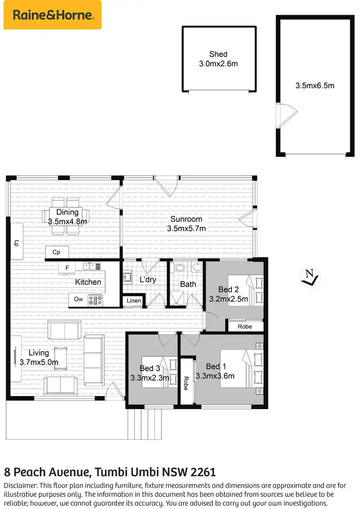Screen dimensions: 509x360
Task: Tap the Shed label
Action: pos(218,54)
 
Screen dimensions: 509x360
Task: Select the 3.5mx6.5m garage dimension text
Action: pos(314,86)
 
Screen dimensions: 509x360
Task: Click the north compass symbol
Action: pos(308,278)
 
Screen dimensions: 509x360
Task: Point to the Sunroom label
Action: pos(186,219)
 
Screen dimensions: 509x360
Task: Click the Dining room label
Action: pos(67,212)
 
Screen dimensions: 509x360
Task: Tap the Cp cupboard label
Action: pos(56,252)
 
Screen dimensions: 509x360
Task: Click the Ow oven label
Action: pos(78,300)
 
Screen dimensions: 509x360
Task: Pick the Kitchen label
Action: pos(88,282)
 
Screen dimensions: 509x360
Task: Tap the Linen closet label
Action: pos(134,301)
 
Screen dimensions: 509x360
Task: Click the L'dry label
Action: pos(147,279)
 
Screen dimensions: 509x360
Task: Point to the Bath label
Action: pos(188,284)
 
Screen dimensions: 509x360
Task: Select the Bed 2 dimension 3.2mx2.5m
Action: pos(228,299)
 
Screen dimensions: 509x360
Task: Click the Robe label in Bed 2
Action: pos(245,327)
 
